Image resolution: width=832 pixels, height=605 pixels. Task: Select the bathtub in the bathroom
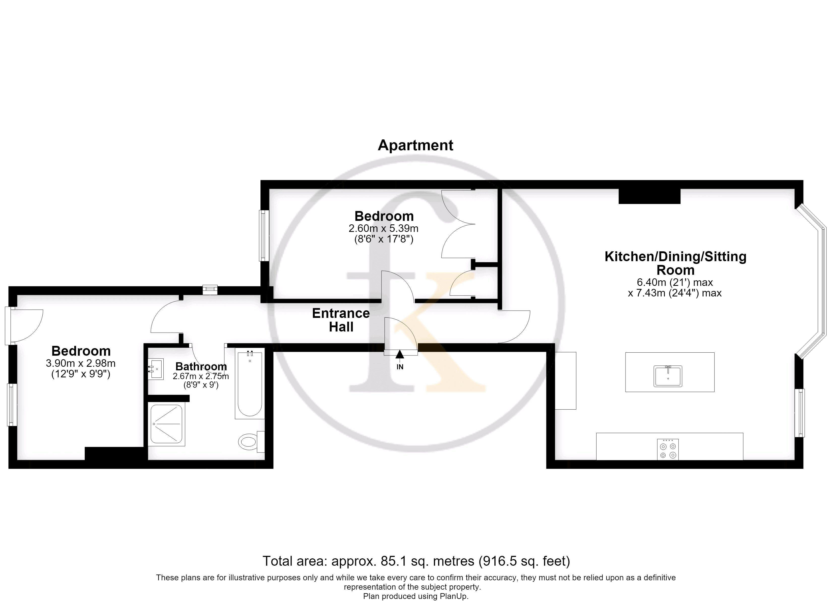pos(250,384)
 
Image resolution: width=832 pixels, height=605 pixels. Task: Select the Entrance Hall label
pos(341,320)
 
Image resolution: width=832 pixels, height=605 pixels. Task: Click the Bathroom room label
pos(201,366)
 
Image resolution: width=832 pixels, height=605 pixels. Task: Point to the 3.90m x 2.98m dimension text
pos(81,363)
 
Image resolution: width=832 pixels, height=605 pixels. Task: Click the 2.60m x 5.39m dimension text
pos(383,228)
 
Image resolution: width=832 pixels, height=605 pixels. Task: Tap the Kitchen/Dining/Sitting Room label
pos(675,263)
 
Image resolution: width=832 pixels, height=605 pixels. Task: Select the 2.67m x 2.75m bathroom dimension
pos(201,376)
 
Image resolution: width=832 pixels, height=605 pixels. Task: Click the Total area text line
pos(416,561)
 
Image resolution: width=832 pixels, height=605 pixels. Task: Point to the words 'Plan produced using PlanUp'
pos(416,596)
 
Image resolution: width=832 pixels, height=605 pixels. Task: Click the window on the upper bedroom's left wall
pos(264,235)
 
